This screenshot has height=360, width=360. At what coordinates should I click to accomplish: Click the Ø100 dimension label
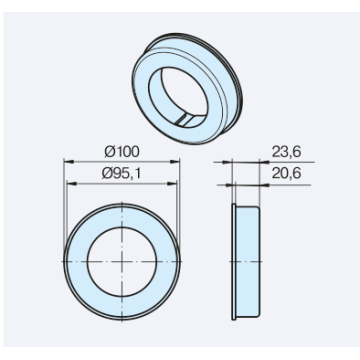(x=122, y=152)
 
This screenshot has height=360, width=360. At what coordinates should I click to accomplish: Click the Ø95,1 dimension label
(x=121, y=174)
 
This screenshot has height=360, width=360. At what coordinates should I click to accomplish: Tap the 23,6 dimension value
(x=286, y=152)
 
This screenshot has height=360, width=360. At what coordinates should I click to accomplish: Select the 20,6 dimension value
(x=286, y=173)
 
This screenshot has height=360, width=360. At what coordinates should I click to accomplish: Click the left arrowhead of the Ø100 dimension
(x=69, y=162)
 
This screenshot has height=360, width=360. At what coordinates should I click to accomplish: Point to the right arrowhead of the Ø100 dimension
(x=175, y=162)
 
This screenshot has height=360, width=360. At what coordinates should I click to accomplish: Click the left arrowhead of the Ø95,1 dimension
(x=72, y=183)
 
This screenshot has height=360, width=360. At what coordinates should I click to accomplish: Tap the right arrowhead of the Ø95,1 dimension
(x=171, y=183)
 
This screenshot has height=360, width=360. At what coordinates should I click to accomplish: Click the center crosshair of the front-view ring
(x=122, y=262)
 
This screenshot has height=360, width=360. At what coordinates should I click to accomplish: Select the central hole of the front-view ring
(x=122, y=262)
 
